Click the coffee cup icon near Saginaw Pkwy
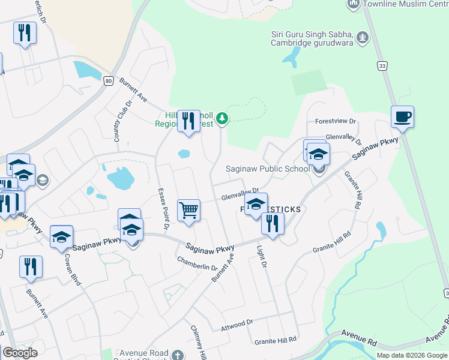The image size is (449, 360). tap(402, 116)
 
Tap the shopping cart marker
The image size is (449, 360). tap(188, 211)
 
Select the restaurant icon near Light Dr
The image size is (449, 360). tap(273, 224)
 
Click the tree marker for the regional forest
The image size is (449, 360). tap(223, 119)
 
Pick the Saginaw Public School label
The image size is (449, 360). tap(267, 169)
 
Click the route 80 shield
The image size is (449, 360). tap(108, 81)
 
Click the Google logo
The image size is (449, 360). tap(20, 353)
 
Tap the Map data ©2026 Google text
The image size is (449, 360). tap(411, 355)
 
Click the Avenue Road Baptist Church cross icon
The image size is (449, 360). tap(177, 355)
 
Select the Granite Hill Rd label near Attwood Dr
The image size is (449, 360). tap(276, 340)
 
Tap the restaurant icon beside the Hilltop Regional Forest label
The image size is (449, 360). tap(189, 121)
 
